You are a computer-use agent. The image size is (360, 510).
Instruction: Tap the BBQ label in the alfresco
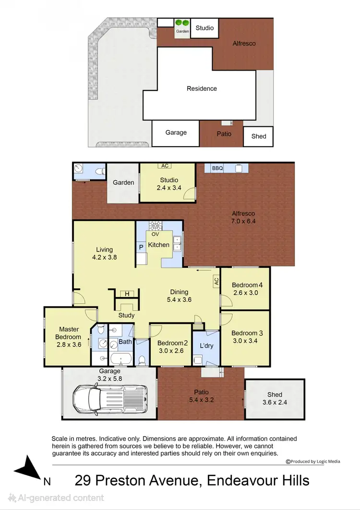coord(217,169)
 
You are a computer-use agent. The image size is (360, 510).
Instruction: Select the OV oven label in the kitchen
coord(155,234)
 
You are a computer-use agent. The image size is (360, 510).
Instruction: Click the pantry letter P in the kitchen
coord(141,247)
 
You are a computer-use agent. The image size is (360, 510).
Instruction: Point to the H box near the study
coord(127,294)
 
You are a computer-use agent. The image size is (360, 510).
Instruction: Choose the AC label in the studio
coord(165,166)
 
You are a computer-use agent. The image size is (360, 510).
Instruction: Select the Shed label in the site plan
coord(259,136)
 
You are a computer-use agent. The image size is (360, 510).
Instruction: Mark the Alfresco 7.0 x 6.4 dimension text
coord(243,221)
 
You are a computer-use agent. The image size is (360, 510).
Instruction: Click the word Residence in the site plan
coord(202,88)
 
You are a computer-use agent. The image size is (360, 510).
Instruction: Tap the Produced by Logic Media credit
coord(313,461)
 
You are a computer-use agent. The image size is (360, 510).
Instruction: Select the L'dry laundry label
coord(206,346)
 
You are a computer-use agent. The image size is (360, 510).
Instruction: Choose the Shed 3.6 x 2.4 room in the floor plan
coord(275,398)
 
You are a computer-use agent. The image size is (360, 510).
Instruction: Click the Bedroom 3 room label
coord(244,333)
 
